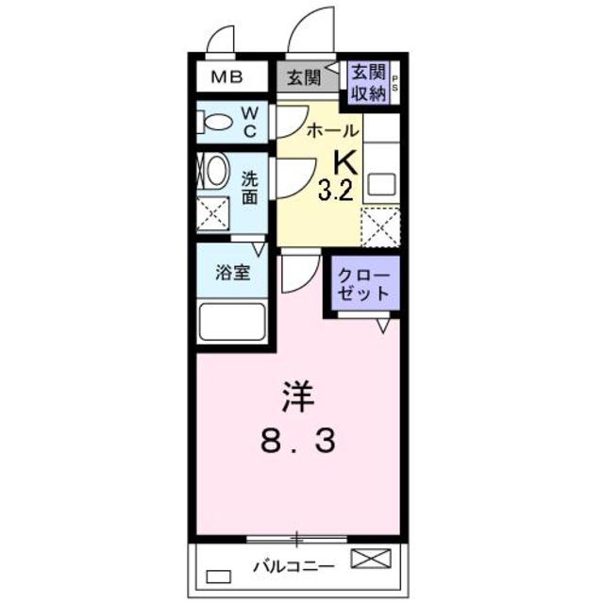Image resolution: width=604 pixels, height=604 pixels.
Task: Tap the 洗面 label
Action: tap(249, 187)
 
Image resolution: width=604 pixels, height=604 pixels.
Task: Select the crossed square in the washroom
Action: tap(213, 215)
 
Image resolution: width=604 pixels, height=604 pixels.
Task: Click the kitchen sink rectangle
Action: tap(381, 182)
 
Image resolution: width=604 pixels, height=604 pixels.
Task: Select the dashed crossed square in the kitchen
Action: tap(380, 226)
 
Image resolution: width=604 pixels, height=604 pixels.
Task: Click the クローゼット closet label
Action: tap(364, 283)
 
